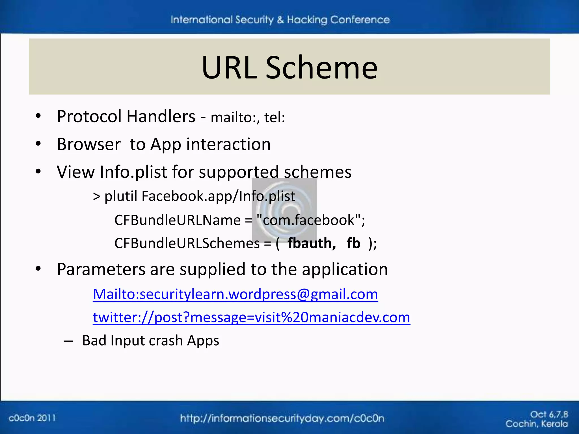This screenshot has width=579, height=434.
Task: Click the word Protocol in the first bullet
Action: tap(89, 116)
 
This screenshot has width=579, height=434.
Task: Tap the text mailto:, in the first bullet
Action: tap(235, 118)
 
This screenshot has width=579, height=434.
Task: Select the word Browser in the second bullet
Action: tap(88, 144)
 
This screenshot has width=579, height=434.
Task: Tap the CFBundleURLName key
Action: tap(177, 220)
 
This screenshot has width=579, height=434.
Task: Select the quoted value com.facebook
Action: tap(308, 220)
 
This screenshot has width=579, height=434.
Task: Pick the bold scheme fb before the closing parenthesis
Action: tap(353, 243)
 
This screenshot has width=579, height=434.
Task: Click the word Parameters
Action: tap(101, 269)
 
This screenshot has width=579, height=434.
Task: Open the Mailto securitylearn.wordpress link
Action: tap(235, 294)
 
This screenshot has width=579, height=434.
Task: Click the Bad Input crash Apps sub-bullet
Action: tap(150, 340)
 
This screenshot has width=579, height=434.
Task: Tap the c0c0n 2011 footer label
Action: tap(32, 418)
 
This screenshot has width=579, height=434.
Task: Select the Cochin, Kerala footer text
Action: tap(536, 424)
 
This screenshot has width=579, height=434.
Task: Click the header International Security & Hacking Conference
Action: tap(280, 20)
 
